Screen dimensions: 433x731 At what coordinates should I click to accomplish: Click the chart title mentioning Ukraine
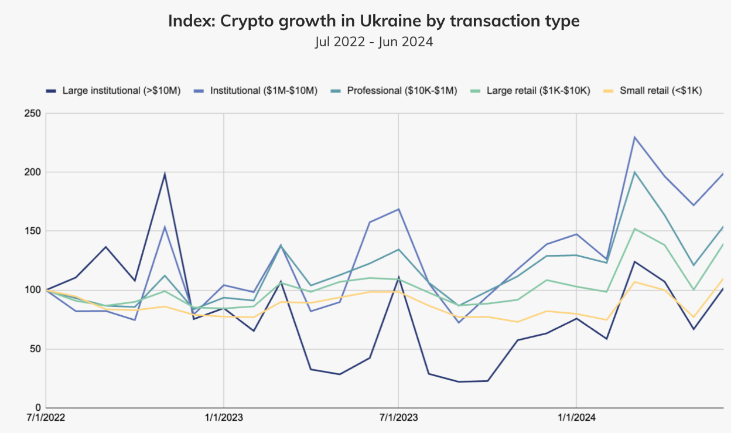pos(374,22)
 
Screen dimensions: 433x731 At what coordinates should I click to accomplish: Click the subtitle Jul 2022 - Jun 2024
pos(374,42)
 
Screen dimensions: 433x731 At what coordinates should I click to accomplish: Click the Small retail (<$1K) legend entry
pos(660,91)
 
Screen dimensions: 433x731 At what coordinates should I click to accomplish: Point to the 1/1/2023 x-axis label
pos(223,418)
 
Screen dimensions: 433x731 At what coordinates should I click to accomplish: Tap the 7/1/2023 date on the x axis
pos(399,418)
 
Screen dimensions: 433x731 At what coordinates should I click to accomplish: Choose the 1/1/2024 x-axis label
pos(576,418)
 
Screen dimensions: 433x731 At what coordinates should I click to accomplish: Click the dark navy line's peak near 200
pos(165,173)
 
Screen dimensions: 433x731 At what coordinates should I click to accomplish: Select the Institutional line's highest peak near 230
pos(635,137)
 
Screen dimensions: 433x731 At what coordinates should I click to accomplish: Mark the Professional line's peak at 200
pos(635,172)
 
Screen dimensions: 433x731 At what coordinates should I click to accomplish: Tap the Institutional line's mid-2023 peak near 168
pos(399,209)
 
